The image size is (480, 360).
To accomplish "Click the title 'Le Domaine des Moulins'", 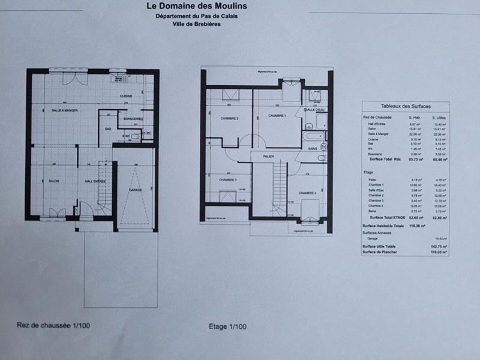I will pyautogui.click(x=196, y=7).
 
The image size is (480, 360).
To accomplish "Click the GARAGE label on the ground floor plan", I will pyautogui.click(x=136, y=190).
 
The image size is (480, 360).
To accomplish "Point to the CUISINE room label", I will pyautogui.click(x=125, y=96).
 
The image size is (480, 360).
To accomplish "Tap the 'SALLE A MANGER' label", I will pyautogui.click(x=65, y=110).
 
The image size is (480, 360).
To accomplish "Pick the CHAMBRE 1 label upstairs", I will pyautogui.click(x=277, y=116).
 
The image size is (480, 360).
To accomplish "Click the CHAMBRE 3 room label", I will pyautogui.click(x=227, y=179).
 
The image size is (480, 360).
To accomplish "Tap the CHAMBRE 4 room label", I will pyautogui.click(x=307, y=193).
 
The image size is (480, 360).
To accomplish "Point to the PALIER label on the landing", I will pyautogui.click(x=268, y=156).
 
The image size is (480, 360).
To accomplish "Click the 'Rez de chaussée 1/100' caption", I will pyautogui.click(x=53, y=326).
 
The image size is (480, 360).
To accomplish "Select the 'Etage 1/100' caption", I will pyautogui.click(x=227, y=326).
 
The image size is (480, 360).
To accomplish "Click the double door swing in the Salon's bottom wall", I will pyautogui.click(x=58, y=213).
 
